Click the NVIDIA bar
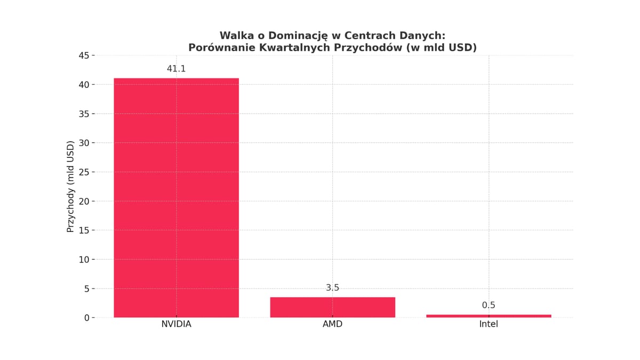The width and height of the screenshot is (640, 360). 176,197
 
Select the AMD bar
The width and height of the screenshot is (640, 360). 332,307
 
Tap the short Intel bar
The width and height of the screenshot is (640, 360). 489,316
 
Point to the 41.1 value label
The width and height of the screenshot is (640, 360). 176,69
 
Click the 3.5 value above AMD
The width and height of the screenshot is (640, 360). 332,288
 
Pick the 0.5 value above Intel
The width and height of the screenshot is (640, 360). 489,306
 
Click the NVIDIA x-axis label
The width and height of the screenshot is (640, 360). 176,324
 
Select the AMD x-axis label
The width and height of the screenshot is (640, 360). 332,324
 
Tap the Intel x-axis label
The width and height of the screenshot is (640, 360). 489,324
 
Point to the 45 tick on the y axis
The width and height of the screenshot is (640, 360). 84,55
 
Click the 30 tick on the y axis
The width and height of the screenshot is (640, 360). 84,143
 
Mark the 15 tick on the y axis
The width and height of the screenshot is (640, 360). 84,230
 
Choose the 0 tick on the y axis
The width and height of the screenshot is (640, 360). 87,318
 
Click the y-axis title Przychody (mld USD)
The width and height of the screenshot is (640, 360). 70,187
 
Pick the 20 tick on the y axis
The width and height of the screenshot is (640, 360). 84,201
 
